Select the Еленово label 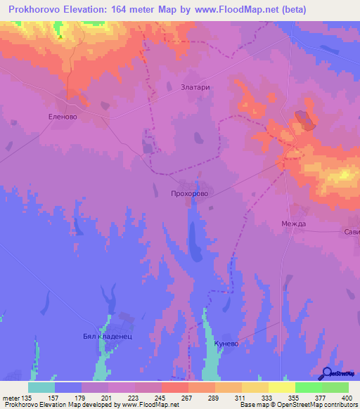coord(62,118)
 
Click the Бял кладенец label coord(108,336)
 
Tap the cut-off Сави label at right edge coord(352,232)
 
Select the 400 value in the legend coord(347,398)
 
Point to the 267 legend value coord(188,398)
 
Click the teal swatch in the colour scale coord(41,387)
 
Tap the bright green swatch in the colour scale coord(308,387)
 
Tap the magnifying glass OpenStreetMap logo coord(326,373)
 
